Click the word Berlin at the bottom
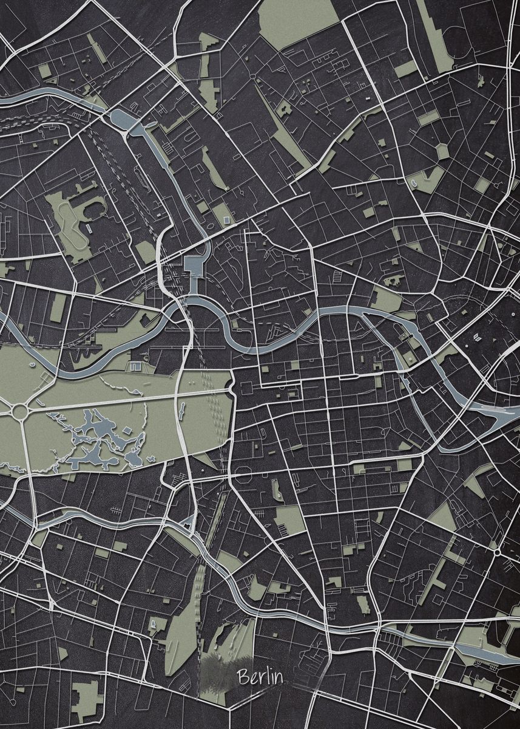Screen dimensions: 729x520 click(260, 676)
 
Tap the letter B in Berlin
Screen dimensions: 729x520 click(243, 676)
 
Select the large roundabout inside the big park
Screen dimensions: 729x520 click(19, 411)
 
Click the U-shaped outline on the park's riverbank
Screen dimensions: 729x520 click(135, 366)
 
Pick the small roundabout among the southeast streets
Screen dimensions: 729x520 click(497, 552)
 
